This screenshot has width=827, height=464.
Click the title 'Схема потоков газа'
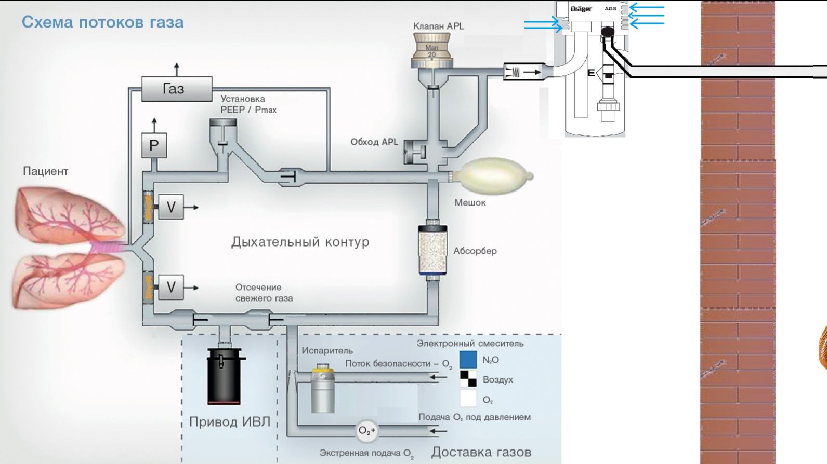tap(102, 22)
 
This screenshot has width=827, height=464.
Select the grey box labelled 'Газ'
tap(177, 89)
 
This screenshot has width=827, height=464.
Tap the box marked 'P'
tap(154, 146)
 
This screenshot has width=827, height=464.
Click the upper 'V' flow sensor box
tap(170, 207)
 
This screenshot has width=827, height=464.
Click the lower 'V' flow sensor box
tap(170, 287)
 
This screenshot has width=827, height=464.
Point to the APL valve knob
tap(431, 50)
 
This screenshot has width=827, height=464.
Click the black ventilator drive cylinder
tap(224, 376)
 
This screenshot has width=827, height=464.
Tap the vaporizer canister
tap(322, 389)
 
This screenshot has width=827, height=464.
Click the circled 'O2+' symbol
tap(367, 431)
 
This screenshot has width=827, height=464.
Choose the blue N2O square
tap(468, 360)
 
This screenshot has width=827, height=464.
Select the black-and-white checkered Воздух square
tap(468, 379)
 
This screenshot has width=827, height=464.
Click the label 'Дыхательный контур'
tap(300, 242)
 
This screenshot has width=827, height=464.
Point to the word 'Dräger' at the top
tap(581, 9)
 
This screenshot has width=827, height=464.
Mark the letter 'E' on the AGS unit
tap(591, 73)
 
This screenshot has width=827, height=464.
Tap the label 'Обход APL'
tap(374, 142)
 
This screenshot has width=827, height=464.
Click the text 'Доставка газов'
tap(481, 452)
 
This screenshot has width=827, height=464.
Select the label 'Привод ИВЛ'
tap(229, 421)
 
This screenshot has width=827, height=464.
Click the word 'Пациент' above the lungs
tap(45, 171)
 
